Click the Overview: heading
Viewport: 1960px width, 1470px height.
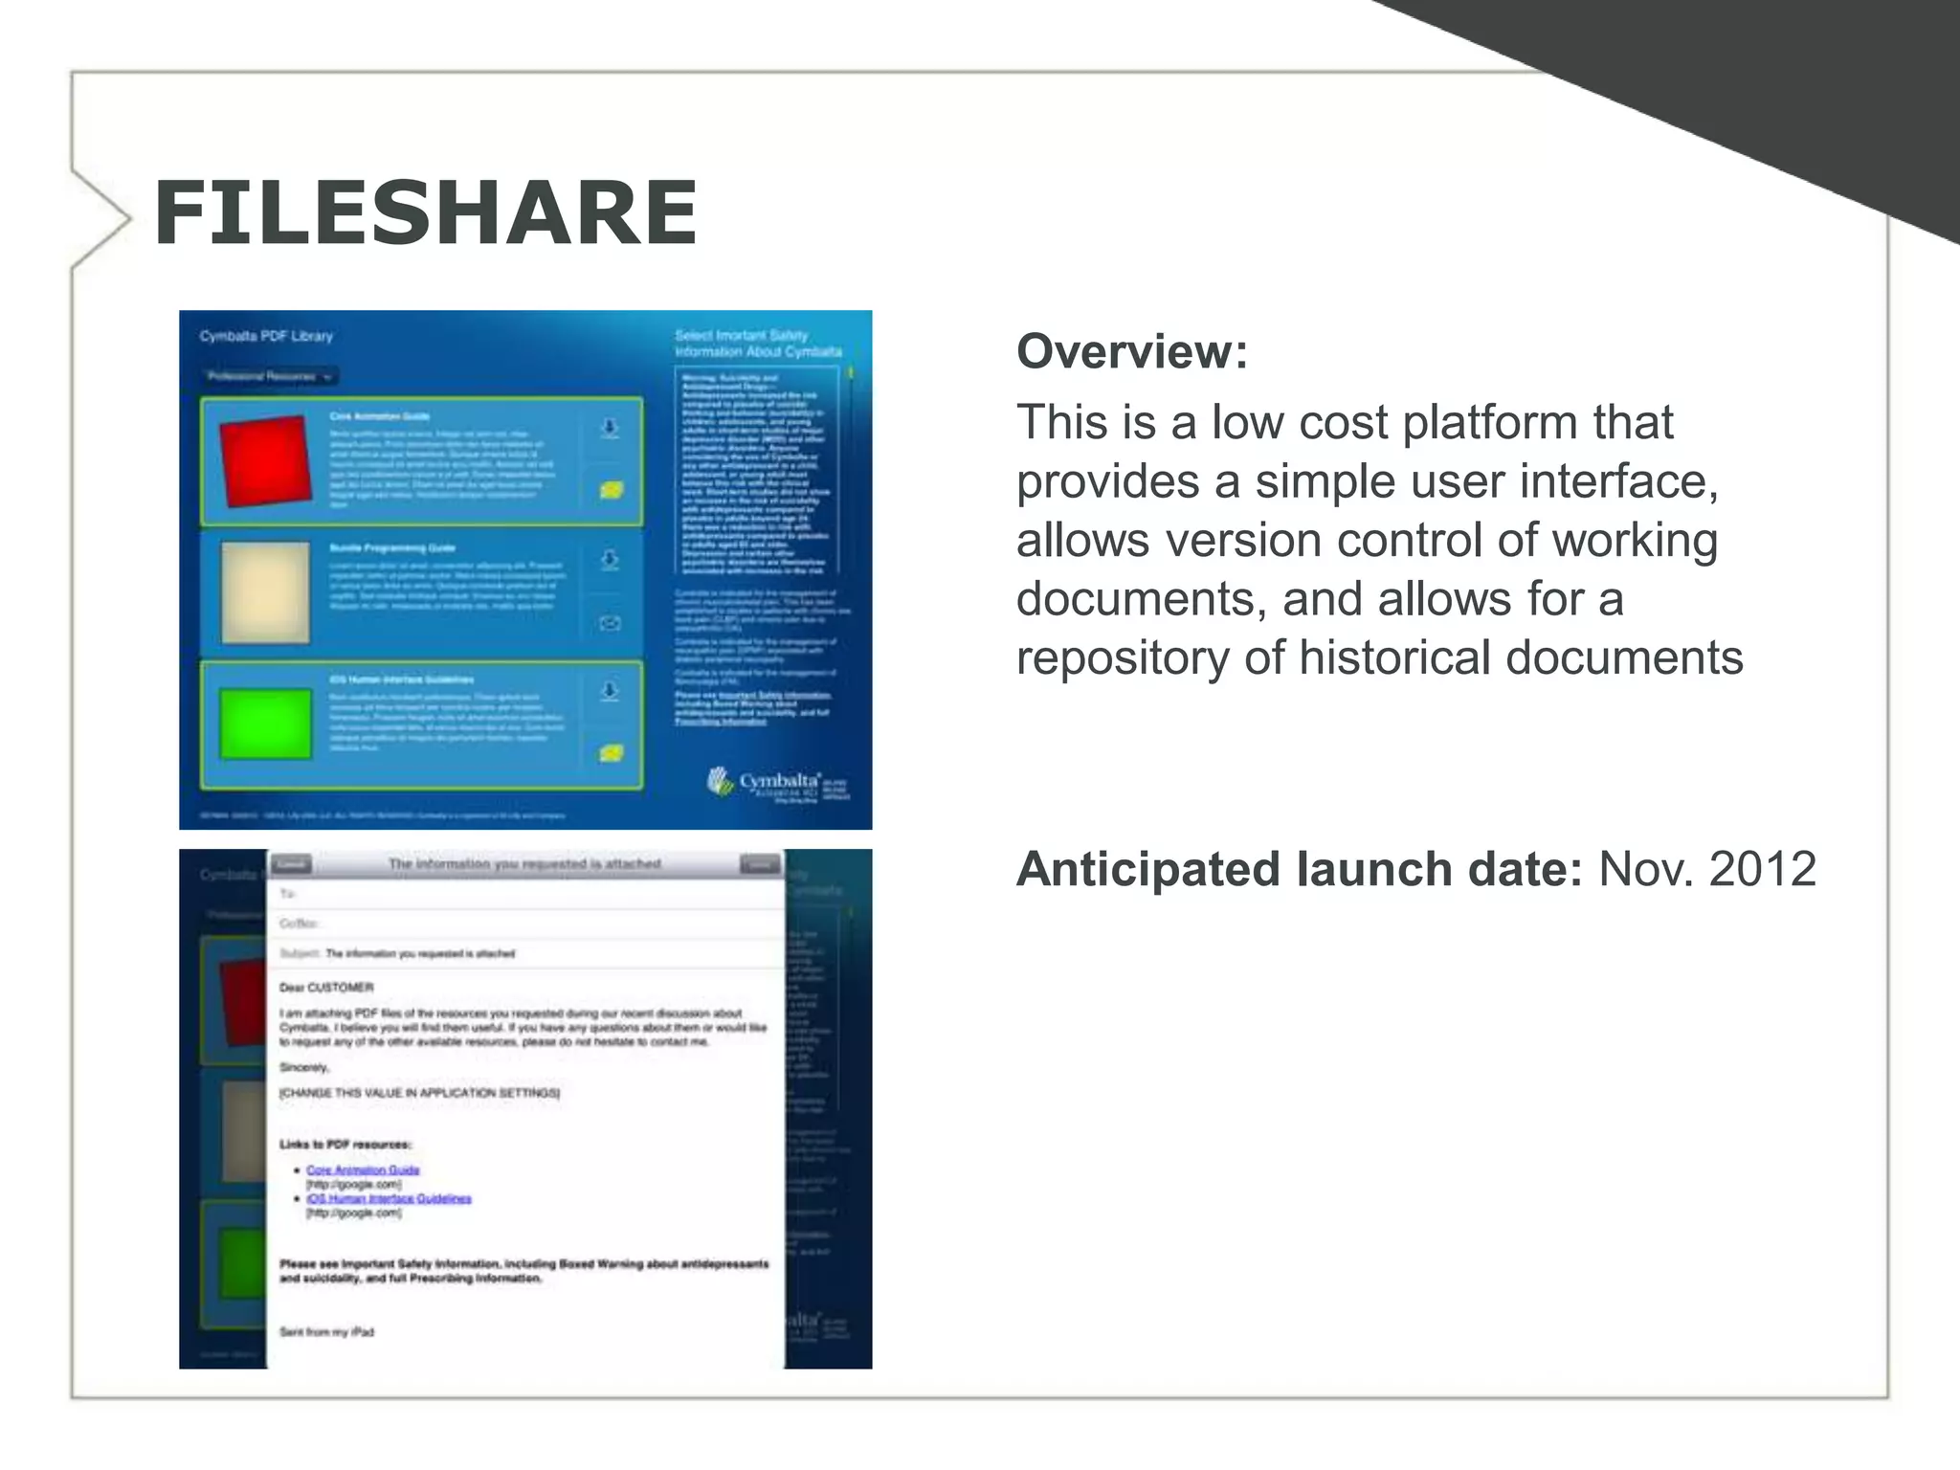pos(1132,351)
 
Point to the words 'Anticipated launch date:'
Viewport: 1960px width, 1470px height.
pos(1299,869)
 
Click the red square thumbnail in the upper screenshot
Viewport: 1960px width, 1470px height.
pos(266,460)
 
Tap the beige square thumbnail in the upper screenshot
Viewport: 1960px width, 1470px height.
pos(265,592)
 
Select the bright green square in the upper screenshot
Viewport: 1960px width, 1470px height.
pos(265,724)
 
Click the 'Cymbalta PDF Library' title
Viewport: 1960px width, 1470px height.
pos(266,336)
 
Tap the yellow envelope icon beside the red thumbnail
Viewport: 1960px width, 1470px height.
pos(611,490)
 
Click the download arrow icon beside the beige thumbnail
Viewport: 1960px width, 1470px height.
pos(610,559)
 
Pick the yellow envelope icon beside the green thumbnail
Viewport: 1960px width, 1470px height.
pos(611,753)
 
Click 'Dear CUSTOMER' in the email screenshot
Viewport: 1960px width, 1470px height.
pos(326,987)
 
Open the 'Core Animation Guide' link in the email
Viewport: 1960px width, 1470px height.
pos(363,1169)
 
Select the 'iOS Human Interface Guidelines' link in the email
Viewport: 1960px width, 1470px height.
pos(389,1198)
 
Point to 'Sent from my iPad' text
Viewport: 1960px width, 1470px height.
pos(326,1331)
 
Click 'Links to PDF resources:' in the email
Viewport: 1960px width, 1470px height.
pos(345,1144)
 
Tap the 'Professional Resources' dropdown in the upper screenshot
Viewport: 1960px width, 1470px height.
pos(271,376)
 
